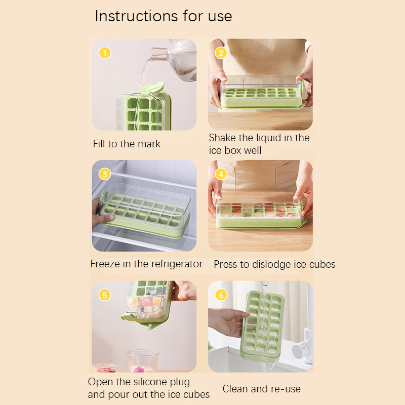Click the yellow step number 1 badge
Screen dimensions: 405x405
pos(105,53)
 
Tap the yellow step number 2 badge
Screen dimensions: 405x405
pos(221,53)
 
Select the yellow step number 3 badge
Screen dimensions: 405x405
pos(105,174)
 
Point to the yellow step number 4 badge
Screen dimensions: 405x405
pos(221,174)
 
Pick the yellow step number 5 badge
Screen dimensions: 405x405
pos(105,295)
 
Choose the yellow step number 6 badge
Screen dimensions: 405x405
pos(221,295)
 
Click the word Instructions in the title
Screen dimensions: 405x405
pos(136,16)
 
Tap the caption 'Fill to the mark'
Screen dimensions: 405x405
pos(127,144)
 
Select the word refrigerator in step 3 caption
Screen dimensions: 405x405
pos(177,264)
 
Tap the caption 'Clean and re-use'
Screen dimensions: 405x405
pos(261,389)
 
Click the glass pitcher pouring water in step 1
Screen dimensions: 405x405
pos(176,59)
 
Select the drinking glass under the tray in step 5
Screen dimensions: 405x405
pos(143,361)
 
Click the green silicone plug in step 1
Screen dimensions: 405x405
pos(154,88)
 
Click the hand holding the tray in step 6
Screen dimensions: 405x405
pos(227,321)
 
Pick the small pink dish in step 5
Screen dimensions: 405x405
pos(104,368)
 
